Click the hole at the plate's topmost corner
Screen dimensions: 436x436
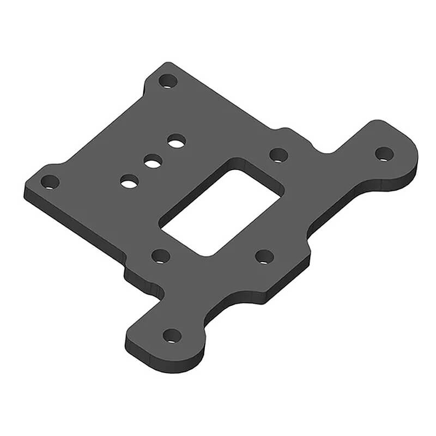[168, 82]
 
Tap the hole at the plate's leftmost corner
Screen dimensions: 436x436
[50, 181]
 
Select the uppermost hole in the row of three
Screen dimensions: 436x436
[176, 142]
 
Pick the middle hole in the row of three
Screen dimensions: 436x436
[153, 161]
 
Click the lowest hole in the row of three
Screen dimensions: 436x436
[129, 181]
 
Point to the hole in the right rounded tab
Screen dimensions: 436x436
[384, 154]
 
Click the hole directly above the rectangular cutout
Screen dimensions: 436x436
[278, 155]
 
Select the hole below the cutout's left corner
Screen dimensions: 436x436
[160, 256]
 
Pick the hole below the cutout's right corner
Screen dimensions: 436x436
[264, 256]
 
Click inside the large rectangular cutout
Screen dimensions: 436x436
[221, 213]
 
